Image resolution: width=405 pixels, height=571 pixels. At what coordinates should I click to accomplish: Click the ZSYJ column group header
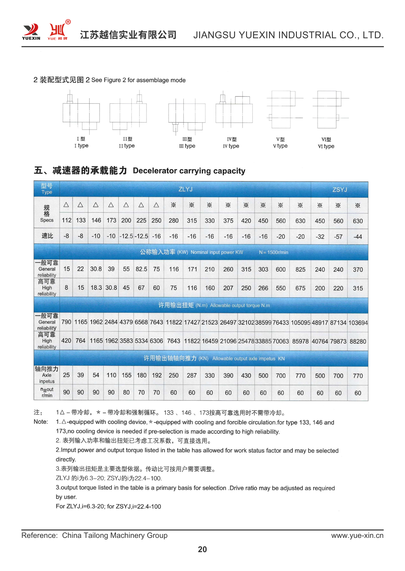339,190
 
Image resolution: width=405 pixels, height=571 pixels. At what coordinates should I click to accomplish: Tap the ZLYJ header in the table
186,189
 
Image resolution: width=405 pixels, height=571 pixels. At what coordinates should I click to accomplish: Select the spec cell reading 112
67,220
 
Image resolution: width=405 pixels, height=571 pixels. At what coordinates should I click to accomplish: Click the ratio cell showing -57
338,237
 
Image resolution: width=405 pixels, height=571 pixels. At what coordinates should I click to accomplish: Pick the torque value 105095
301,323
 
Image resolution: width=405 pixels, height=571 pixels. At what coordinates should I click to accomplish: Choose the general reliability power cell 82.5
141,269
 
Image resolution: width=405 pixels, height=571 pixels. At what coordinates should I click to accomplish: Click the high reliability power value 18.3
96,288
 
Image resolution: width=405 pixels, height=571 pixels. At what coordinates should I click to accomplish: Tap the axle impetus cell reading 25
66,375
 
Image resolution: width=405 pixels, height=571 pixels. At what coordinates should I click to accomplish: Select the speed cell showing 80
126,393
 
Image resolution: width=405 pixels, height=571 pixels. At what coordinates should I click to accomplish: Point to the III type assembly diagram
187,114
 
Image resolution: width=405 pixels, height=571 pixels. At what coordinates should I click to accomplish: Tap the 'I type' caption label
81,146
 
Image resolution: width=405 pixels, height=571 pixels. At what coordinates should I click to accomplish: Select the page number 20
202,549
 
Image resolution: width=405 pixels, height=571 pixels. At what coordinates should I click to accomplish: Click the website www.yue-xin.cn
357,535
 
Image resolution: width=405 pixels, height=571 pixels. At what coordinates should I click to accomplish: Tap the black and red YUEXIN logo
31,31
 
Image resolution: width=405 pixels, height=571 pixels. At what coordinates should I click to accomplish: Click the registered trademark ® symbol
68,22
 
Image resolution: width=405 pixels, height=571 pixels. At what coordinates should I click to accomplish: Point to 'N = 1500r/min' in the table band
273,252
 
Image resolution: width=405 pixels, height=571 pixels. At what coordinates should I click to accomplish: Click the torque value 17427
192,323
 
